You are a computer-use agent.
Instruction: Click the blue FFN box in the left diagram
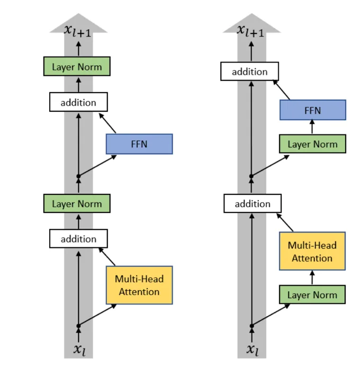(x=139, y=144)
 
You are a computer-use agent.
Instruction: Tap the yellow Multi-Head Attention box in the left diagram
(x=139, y=285)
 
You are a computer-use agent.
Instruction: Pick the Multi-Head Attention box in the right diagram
(x=312, y=252)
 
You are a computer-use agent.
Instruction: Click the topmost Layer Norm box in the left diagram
(x=77, y=67)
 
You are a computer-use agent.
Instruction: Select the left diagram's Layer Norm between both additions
(x=77, y=203)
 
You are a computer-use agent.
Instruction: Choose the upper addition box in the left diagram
(x=78, y=102)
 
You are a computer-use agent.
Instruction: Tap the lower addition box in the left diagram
(x=78, y=239)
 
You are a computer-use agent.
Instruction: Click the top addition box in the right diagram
(x=250, y=72)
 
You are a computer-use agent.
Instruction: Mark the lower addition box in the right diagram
(x=253, y=203)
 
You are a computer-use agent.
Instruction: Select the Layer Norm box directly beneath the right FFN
(x=312, y=144)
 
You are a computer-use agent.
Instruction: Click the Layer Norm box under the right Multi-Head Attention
(x=312, y=294)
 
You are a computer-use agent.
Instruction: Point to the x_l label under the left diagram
(x=78, y=350)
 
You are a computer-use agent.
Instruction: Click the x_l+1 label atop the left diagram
(x=78, y=30)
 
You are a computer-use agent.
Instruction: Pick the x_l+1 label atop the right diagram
(x=251, y=30)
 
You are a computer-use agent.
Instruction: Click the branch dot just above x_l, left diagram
(x=78, y=326)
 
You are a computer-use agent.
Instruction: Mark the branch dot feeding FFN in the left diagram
(x=78, y=176)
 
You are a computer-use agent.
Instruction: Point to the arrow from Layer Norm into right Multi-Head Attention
(x=312, y=278)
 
